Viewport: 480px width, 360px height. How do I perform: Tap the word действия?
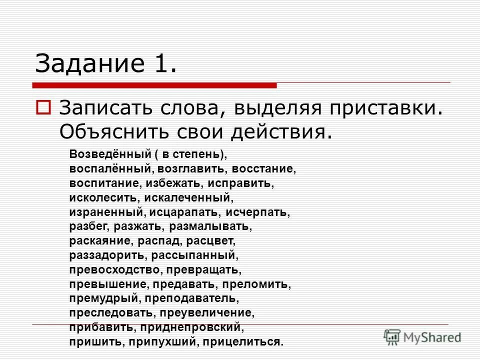click(x=281, y=132)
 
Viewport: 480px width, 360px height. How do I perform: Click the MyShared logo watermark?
click(x=422, y=337)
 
